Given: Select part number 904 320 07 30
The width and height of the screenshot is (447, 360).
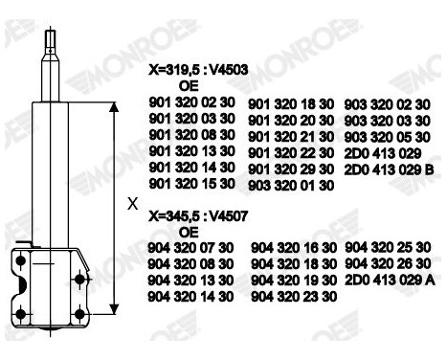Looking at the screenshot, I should pos(191,247).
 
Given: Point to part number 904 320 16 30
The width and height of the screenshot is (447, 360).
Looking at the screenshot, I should pos(291,248).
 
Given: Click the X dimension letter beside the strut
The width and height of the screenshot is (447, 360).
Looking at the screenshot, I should pos(132,204).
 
